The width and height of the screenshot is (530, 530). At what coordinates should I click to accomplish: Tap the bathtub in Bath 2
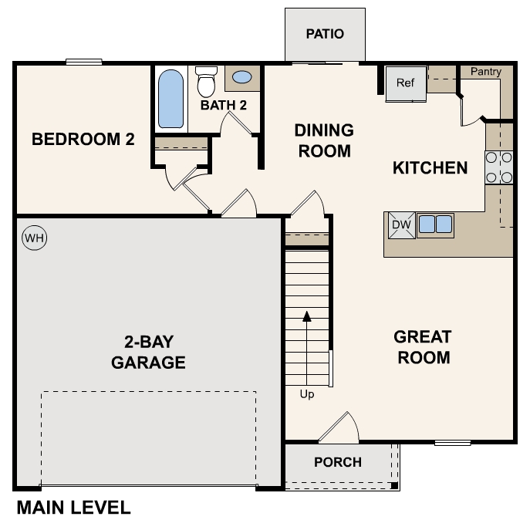(171, 99)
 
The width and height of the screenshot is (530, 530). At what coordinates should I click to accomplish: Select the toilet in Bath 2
(206, 81)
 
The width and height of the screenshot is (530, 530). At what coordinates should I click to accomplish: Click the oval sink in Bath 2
(241, 78)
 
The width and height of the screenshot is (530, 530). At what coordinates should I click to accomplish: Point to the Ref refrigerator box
(406, 83)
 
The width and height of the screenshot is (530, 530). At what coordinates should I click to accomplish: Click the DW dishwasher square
(400, 224)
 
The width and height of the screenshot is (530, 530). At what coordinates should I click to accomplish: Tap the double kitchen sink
(435, 224)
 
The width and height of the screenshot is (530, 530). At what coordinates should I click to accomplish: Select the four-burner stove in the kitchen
(499, 167)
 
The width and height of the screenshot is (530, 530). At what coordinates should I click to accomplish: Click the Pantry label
(485, 72)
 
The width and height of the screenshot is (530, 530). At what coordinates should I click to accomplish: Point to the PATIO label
(324, 34)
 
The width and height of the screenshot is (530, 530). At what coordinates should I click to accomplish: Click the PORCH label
(338, 462)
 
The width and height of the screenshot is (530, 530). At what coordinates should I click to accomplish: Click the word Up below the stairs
(307, 394)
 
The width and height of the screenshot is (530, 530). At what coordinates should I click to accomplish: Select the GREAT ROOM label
(422, 347)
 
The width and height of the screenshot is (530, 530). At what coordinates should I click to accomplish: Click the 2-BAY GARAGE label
(148, 352)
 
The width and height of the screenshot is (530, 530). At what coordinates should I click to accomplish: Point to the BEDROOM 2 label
(83, 140)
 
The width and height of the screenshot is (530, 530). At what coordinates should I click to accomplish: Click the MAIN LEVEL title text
(73, 508)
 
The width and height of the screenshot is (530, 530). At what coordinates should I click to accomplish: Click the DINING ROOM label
(324, 140)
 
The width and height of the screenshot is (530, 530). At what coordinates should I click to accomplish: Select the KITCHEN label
(430, 167)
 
